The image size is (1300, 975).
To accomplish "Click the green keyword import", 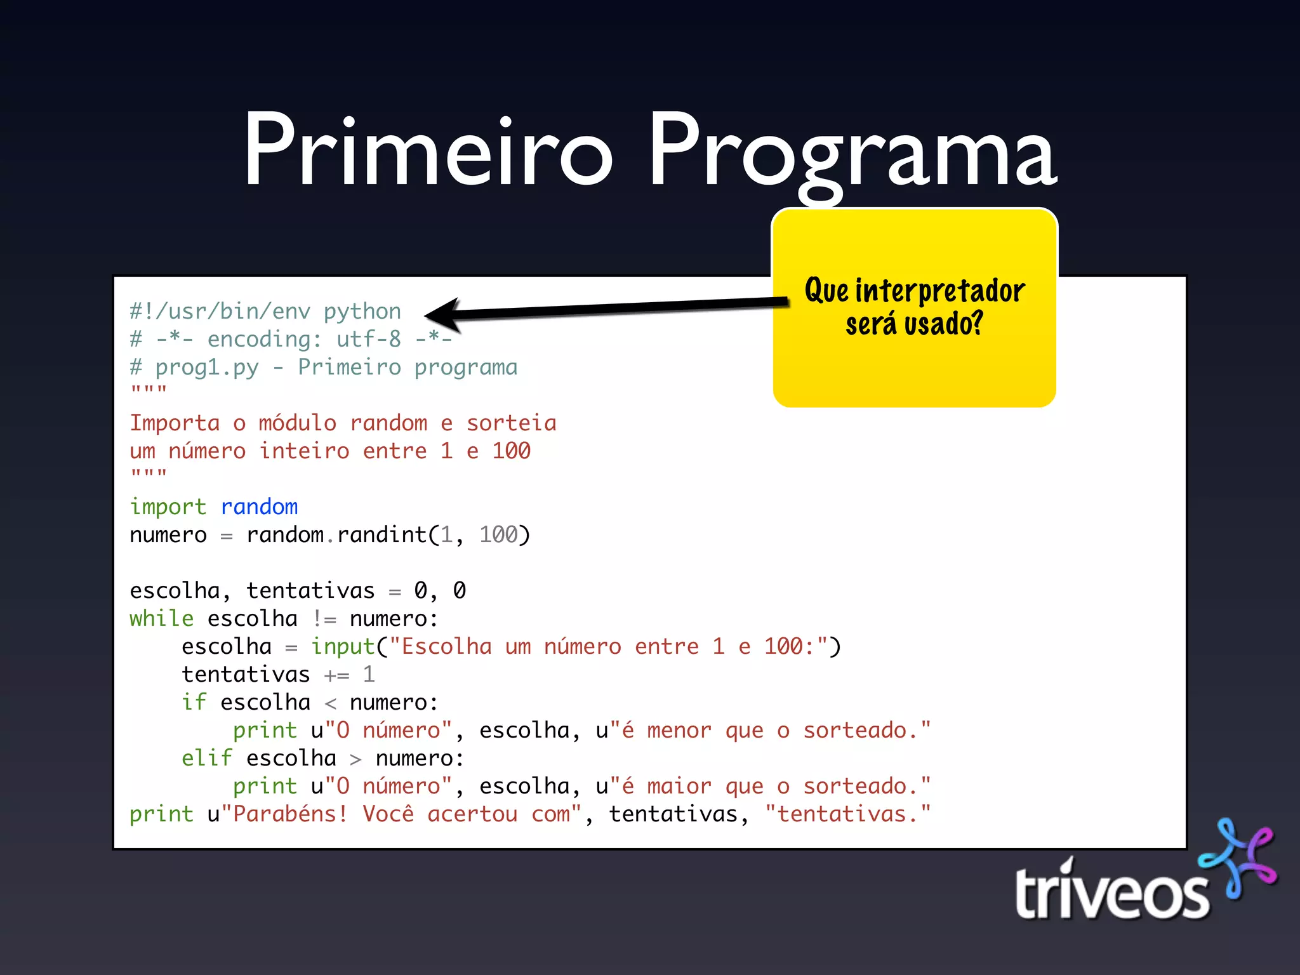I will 168,507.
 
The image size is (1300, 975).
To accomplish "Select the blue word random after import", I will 259,507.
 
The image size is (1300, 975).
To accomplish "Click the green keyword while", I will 161,618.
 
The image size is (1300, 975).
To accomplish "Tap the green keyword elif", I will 207,758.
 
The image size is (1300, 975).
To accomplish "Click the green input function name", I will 343,646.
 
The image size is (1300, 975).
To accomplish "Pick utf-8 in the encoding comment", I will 368,339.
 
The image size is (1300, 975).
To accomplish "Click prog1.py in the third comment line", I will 207,368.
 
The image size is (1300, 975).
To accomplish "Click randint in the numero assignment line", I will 381,534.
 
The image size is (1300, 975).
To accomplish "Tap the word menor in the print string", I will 679,730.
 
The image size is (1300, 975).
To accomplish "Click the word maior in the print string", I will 679,786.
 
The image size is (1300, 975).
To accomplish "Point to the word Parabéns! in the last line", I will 290,814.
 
